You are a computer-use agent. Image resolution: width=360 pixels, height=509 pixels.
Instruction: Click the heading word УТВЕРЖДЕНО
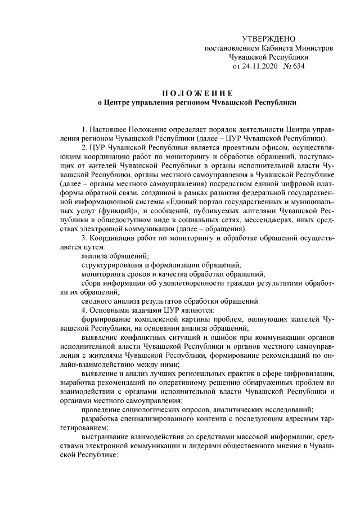(x=268, y=39)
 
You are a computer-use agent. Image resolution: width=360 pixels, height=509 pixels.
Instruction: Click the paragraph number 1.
(x=84, y=129)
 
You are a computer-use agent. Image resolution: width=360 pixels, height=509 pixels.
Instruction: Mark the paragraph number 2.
(x=84, y=147)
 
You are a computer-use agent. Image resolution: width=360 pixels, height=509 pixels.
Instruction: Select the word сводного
(x=96, y=300)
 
